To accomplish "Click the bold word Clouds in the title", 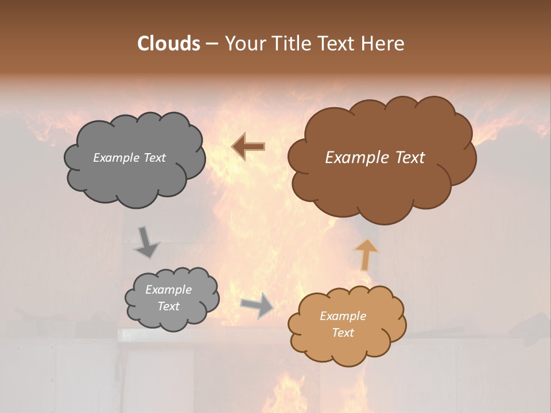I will coord(168,44).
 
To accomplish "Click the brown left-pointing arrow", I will coord(248,147).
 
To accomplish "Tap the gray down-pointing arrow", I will coord(146,242).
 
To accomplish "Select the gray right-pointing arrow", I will coord(257,305).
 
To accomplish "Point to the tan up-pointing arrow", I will coord(366,254).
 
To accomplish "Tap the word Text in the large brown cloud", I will coord(410,158).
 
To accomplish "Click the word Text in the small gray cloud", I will coord(168,306).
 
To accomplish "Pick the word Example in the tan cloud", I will coord(343,316).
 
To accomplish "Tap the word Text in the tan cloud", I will coord(343,333).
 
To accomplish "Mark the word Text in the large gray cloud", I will coord(154,158).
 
